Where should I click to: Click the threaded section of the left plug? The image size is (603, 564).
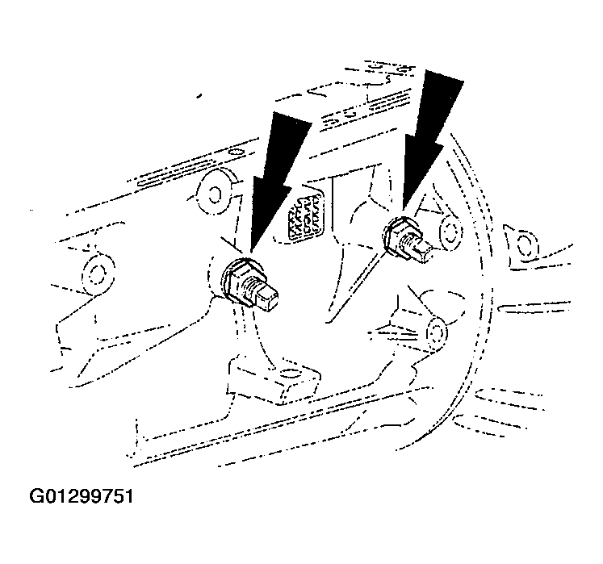(253, 287)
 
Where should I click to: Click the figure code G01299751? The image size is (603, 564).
(82, 496)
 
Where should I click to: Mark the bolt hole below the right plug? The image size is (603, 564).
(438, 332)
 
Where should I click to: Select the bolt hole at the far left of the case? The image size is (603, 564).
(95, 274)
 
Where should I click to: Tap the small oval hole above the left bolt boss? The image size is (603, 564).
(237, 152)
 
